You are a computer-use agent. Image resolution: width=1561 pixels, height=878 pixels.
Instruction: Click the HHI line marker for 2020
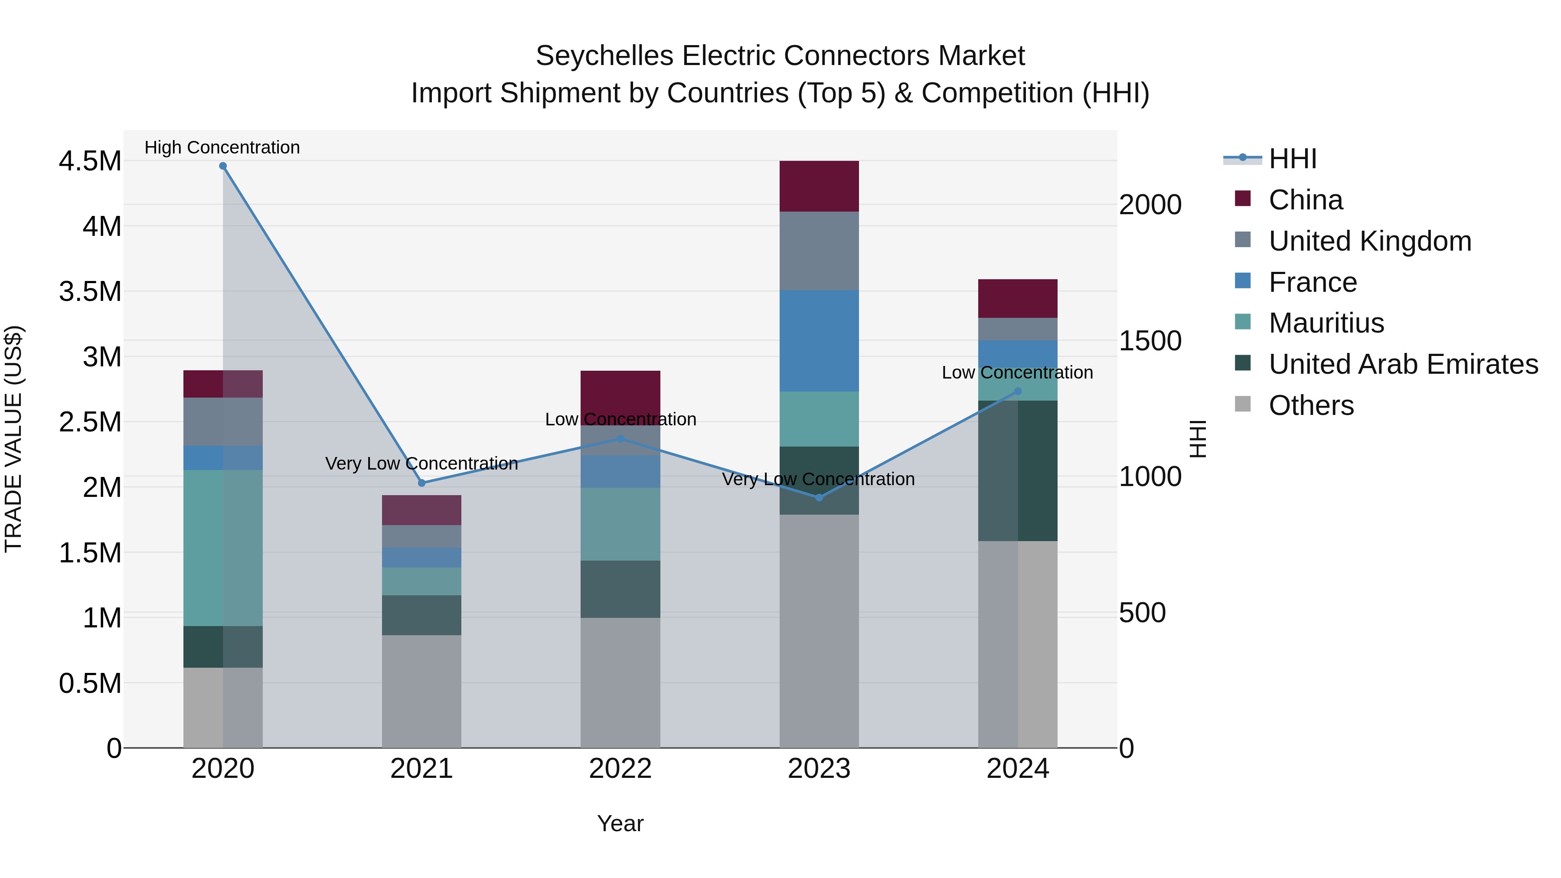pos(222,166)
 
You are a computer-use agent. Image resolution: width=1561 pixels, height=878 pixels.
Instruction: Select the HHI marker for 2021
pos(422,483)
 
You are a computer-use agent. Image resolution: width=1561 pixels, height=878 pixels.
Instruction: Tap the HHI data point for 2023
pos(819,497)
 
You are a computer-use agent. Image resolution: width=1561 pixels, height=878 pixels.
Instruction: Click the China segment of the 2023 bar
pos(819,186)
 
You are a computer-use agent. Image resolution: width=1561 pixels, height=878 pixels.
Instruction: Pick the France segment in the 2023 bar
pos(819,340)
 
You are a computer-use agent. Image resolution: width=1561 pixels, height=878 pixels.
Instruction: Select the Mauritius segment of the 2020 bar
pos(222,547)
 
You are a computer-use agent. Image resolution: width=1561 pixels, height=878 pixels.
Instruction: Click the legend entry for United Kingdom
pos(1369,241)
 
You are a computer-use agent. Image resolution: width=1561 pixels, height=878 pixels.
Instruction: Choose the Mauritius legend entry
pos(1326,323)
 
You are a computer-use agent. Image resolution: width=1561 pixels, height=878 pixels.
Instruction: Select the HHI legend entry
pos(1292,159)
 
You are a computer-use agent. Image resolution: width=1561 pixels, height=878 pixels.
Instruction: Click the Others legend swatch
pos(1242,404)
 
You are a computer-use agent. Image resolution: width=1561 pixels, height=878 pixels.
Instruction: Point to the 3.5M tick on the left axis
pos(90,291)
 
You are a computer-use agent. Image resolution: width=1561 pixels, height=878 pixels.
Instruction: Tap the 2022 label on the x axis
pos(620,769)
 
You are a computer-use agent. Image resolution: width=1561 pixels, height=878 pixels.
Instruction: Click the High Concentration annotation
pos(222,147)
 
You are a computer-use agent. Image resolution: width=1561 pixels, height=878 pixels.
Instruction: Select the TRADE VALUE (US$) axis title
pos(13,439)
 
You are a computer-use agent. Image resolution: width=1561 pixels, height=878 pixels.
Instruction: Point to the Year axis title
pos(620,823)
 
